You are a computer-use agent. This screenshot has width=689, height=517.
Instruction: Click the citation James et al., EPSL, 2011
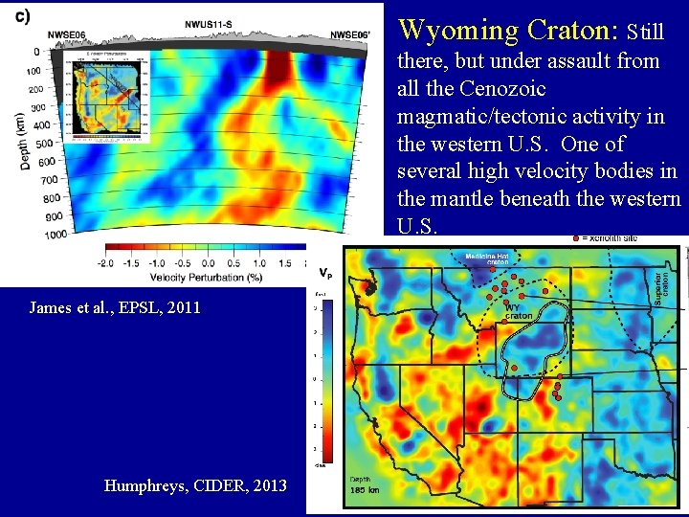click(x=115, y=307)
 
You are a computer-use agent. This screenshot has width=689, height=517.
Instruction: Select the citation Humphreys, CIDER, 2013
click(x=195, y=485)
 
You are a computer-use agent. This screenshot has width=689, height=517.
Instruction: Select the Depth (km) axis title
click(x=21, y=142)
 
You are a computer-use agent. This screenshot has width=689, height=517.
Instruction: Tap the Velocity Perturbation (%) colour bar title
click(x=208, y=278)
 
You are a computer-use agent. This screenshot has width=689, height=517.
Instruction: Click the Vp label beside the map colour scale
click(x=326, y=273)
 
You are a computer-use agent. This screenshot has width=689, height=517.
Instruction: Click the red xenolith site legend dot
click(x=575, y=236)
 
